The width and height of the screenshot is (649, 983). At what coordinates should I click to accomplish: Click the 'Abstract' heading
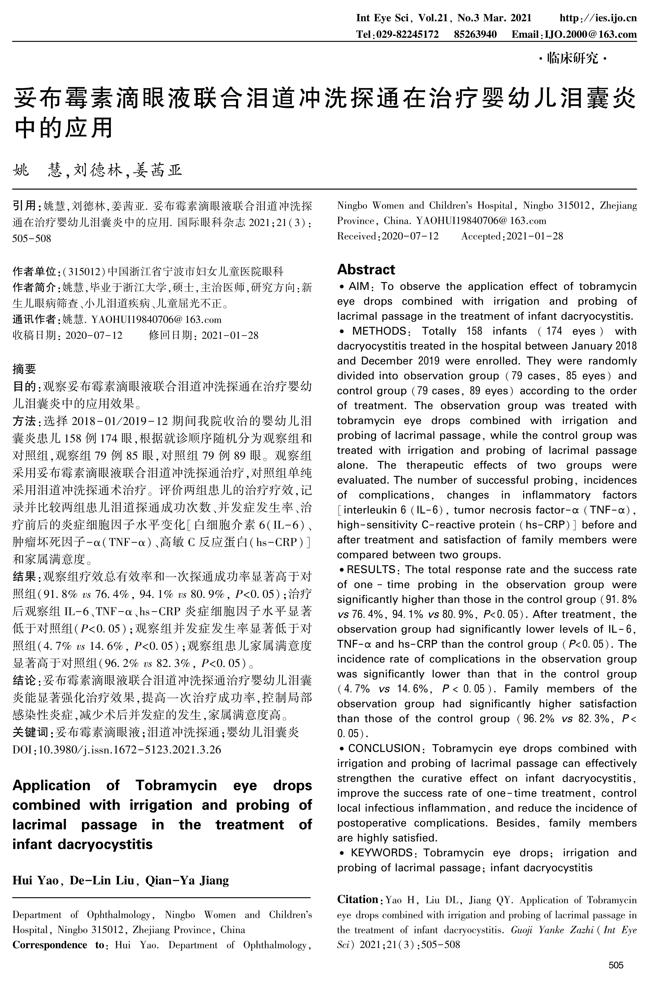tap(366, 270)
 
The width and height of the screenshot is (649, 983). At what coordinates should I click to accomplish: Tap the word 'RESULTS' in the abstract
tap(371, 570)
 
